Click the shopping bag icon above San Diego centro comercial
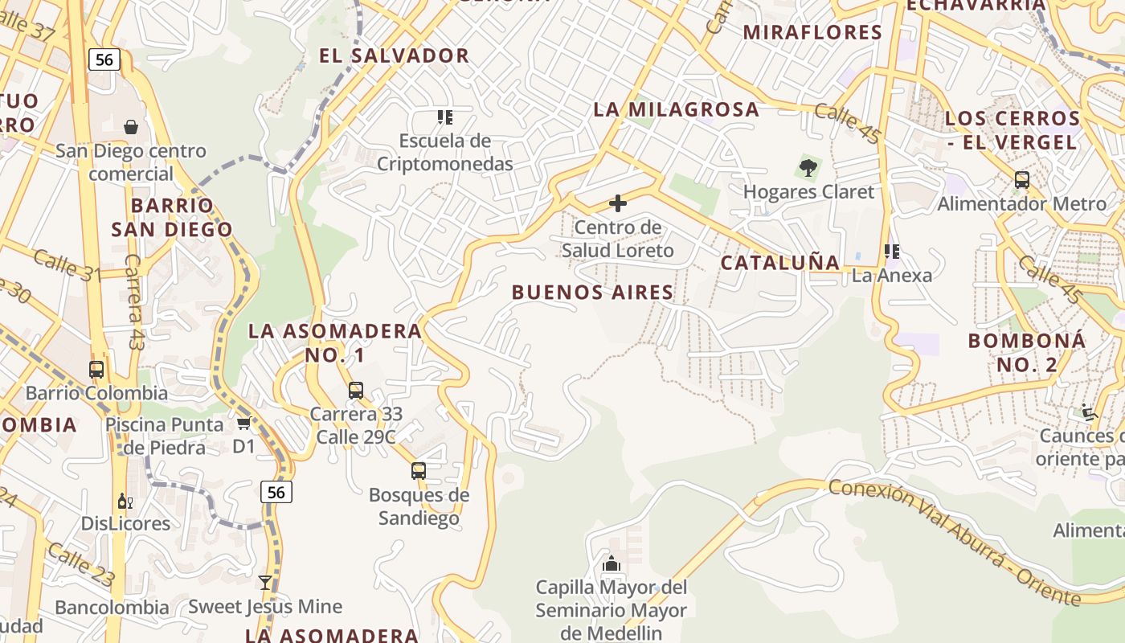[x=131, y=127]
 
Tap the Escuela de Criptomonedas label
[x=456, y=152]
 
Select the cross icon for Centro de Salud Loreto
[x=618, y=203]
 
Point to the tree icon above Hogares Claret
[x=808, y=168]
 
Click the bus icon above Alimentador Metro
[x=1022, y=179]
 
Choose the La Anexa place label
[x=892, y=275]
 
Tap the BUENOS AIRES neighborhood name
[x=593, y=292]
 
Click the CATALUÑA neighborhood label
[x=780, y=262]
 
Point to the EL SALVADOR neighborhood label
[x=394, y=55]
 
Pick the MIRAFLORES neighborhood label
[x=812, y=32]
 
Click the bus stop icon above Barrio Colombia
[x=96, y=369]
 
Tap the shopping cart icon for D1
[x=243, y=423]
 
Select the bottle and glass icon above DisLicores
[x=125, y=502]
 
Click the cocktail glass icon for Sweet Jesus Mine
[x=265, y=583]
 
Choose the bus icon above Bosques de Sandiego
[x=419, y=471]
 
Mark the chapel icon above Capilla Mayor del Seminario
[x=612, y=564]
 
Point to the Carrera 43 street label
[x=134, y=302]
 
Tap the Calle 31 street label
[x=67, y=265]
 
